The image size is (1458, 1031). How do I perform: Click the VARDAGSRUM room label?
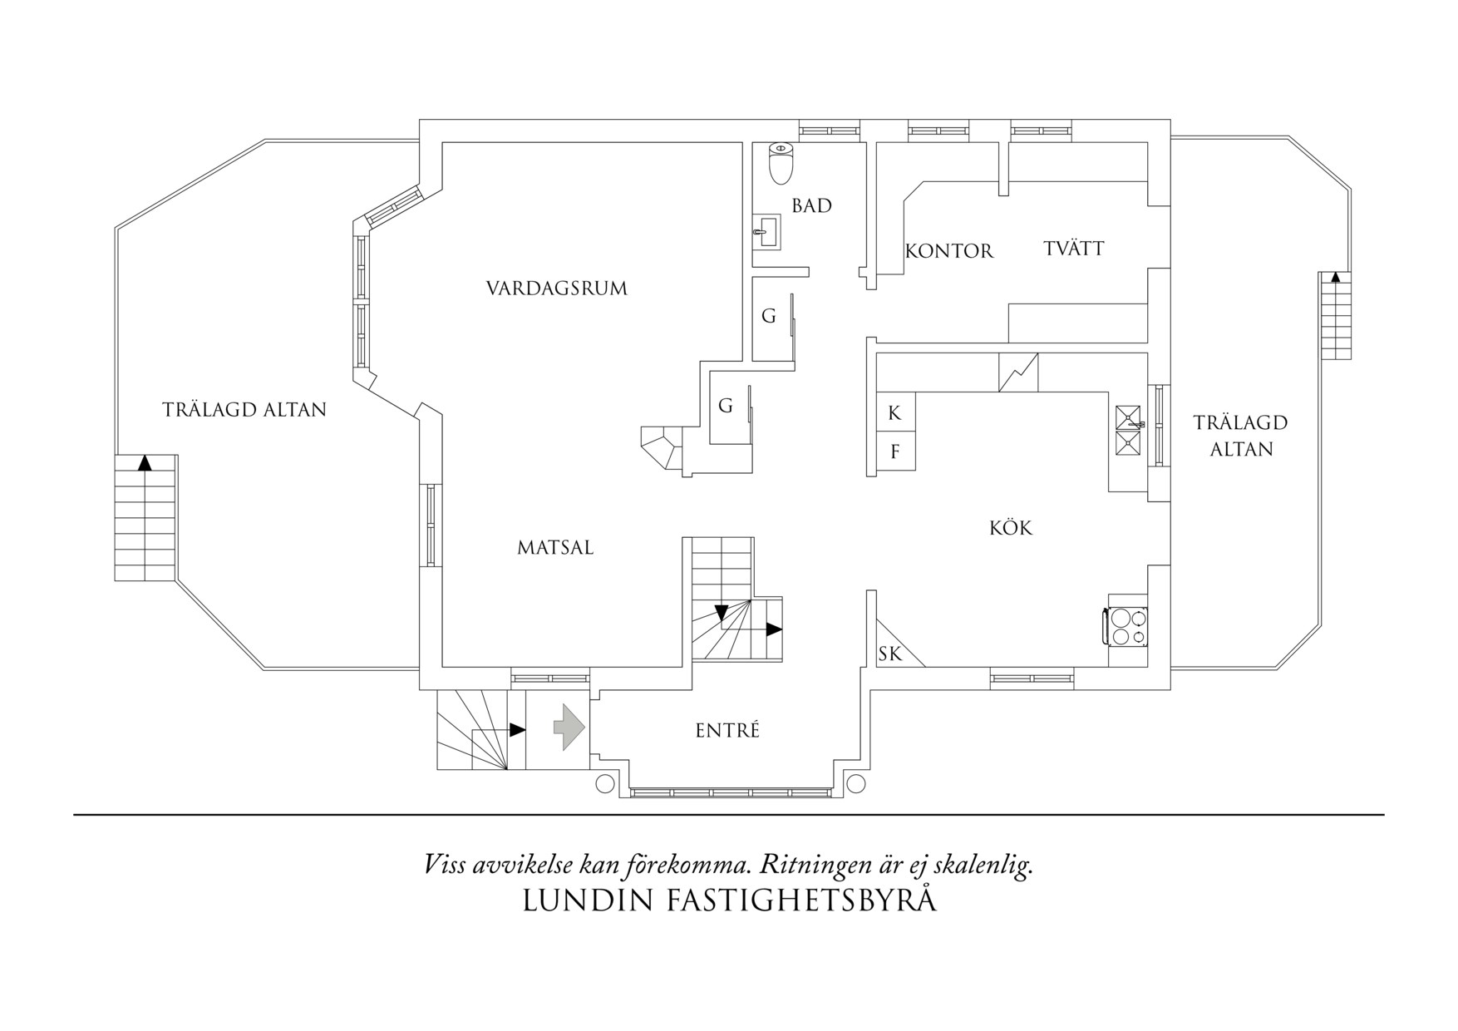[x=556, y=289]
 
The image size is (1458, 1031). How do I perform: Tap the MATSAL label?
[x=554, y=548]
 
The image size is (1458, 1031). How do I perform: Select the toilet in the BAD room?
[x=781, y=163]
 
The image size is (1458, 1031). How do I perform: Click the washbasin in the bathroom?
[x=766, y=231]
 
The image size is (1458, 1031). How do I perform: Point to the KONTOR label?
[x=948, y=251]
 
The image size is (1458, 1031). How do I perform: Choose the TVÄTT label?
[x=1073, y=248]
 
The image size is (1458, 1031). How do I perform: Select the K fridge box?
[x=894, y=413]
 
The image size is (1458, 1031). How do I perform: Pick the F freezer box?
[x=894, y=452]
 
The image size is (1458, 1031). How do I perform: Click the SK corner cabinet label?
[x=889, y=654]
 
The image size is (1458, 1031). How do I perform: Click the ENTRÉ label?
[x=727, y=731]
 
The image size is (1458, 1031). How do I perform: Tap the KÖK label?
[x=1011, y=528]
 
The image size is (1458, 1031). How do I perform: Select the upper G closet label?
[x=769, y=316]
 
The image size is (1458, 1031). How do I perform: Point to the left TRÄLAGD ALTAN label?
[x=244, y=410]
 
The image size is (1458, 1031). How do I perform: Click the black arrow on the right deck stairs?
[x=1335, y=279]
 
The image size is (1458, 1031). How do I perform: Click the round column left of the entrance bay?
[x=605, y=783]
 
